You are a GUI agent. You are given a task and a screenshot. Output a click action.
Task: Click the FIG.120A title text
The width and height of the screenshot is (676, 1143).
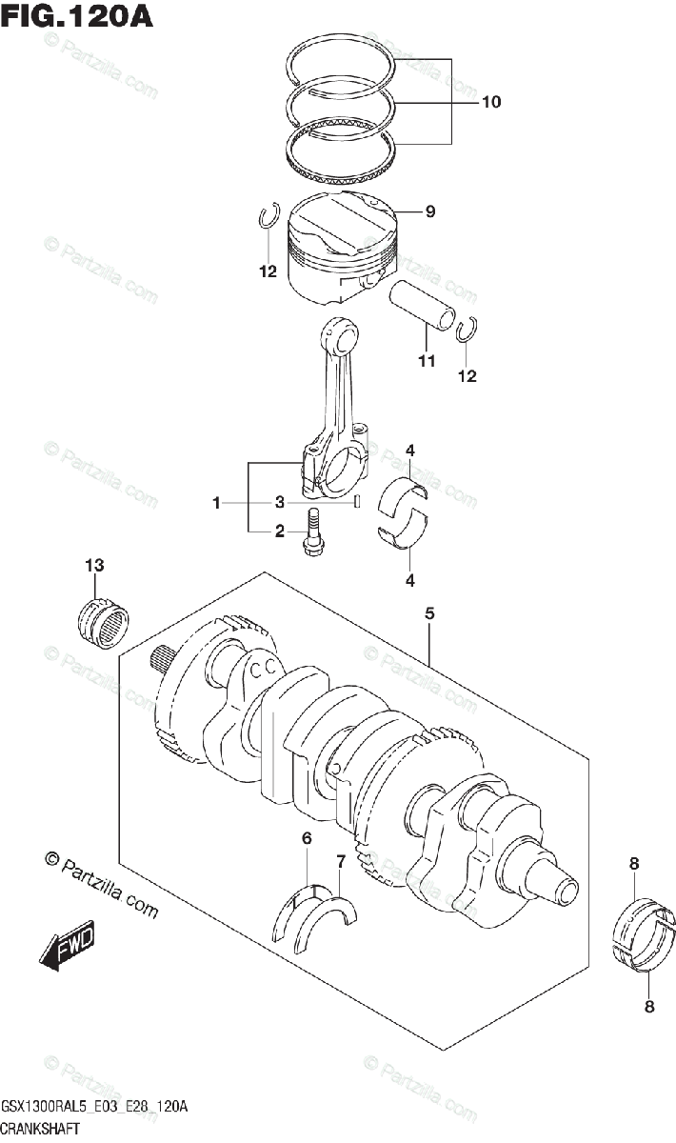pos(76,16)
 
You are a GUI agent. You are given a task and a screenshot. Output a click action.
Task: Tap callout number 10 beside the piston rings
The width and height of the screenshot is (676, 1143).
pos(491,102)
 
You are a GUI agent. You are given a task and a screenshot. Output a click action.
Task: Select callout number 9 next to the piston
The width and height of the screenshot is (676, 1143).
pos(430,211)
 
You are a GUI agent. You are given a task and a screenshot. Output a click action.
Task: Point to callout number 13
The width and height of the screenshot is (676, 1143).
pos(94,565)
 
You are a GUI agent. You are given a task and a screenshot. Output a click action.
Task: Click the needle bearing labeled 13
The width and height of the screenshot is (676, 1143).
pos(104,623)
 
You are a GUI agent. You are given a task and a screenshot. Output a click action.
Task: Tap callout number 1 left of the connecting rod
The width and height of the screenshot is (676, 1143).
pos(216,503)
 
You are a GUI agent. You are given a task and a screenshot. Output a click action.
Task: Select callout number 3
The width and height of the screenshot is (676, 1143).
pos(280,503)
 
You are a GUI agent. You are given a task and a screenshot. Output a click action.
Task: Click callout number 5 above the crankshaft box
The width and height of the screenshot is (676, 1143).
pos(429,613)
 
